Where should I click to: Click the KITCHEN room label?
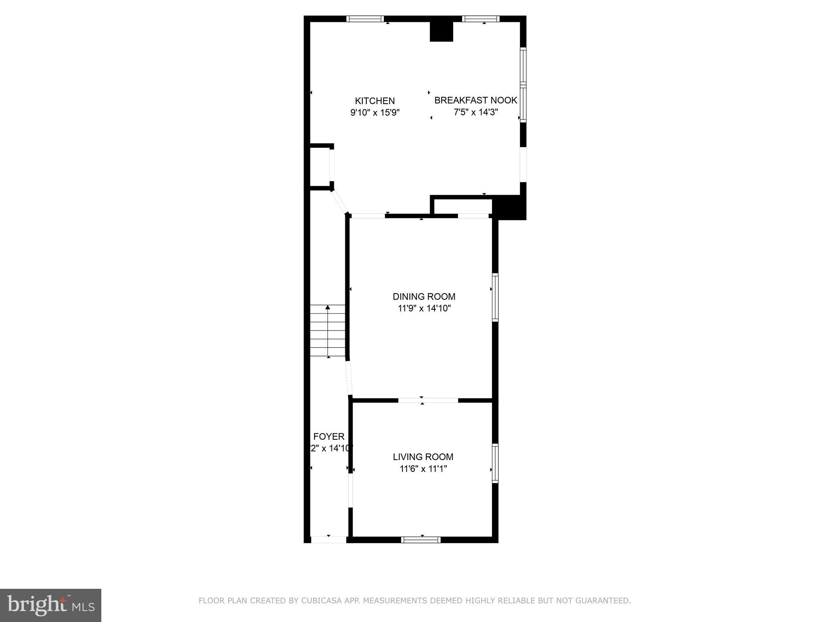point(374,101)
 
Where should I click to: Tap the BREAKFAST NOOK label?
point(475,100)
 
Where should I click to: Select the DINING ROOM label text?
point(424,296)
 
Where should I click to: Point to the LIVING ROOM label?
point(423,457)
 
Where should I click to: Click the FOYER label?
point(329,437)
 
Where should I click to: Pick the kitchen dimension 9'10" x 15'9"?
point(375,113)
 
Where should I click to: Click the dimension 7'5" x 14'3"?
point(475,112)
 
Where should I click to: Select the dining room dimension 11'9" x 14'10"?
point(424,309)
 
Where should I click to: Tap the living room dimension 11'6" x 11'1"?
point(423,469)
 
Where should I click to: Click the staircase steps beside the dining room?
point(328,331)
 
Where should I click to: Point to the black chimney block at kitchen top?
point(441,31)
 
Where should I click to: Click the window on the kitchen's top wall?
point(365,19)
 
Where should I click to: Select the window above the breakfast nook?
point(481,19)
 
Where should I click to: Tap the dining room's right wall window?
point(495,298)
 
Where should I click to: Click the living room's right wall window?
point(495,463)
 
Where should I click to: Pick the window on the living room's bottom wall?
point(421,539)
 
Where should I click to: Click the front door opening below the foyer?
point(328,539)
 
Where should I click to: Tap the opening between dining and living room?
point(428,400)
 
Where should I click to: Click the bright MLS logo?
point(51,605)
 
